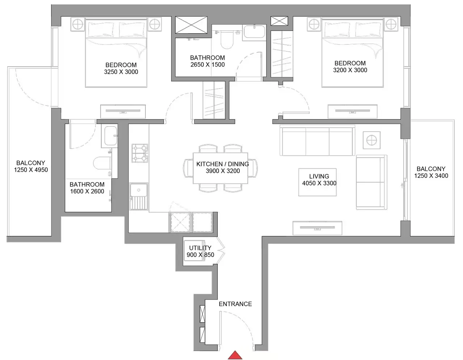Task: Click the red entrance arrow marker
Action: (235, 355)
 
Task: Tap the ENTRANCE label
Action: (235, 304)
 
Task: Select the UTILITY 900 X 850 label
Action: (200, 251)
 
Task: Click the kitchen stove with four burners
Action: (140, 153)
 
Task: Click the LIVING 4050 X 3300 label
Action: (319, 180)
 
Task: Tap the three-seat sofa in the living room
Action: (317, 141)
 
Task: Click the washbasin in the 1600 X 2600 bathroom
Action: (110, 136)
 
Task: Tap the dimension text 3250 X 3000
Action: (121, 72)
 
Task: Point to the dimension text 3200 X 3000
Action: (350, 70)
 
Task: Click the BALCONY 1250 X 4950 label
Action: (31, 166)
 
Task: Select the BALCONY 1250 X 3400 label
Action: (431, 172)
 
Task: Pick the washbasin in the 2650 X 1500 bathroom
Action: (254, 31)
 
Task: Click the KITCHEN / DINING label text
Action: (222, 164)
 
